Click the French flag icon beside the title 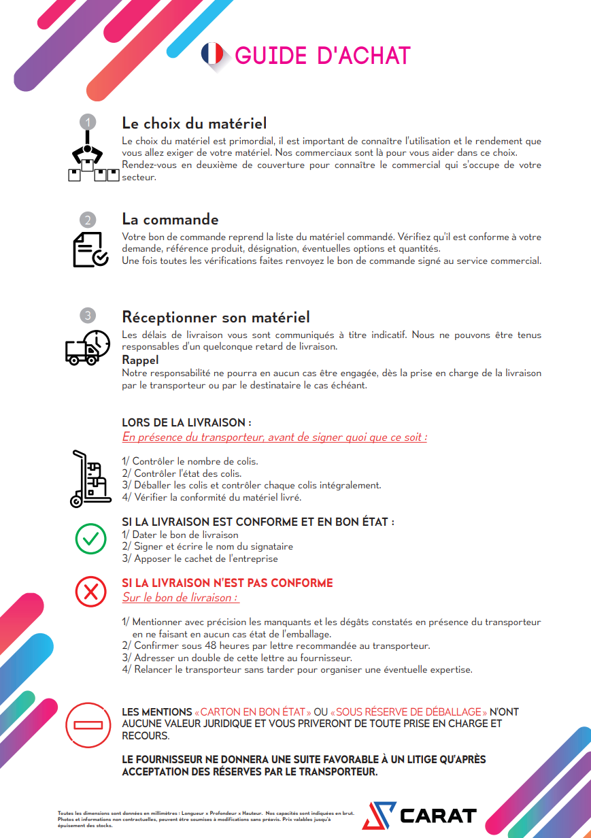coord(212,54)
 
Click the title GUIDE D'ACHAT coord(322,56)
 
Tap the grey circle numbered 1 coord(88,122)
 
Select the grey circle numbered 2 coord(88,220)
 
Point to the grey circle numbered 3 coord(88,316)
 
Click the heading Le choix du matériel coord(194,123)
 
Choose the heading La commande coord(170,220)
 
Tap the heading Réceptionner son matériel coord(216,317)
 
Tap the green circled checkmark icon coord(90,539)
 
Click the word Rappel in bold coord(140,360)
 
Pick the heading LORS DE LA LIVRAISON coord(187,423)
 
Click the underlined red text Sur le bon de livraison coord(180,597)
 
